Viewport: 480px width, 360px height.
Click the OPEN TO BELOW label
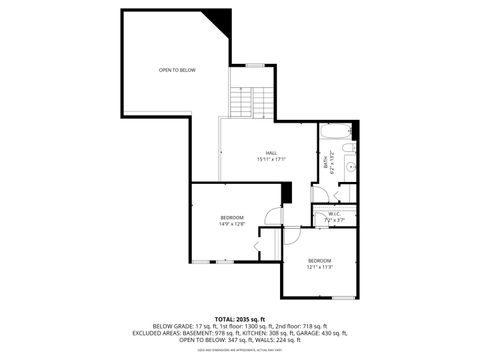tap(176, 70)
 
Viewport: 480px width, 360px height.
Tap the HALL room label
tap(271, 152)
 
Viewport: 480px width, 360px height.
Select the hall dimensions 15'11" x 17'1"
tap(271, 159)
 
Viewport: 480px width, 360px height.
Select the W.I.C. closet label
tap(334, 213)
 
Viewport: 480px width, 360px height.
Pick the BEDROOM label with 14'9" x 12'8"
tap(232, 217)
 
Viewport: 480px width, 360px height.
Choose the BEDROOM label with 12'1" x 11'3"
tap(320, 261)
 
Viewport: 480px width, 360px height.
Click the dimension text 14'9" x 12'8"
tap(232, 224)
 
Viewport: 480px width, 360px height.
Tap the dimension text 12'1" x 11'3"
tap(320, 268)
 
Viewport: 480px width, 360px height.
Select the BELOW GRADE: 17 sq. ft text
tap(181, 326)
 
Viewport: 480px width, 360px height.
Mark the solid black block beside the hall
tap(287, 193)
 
